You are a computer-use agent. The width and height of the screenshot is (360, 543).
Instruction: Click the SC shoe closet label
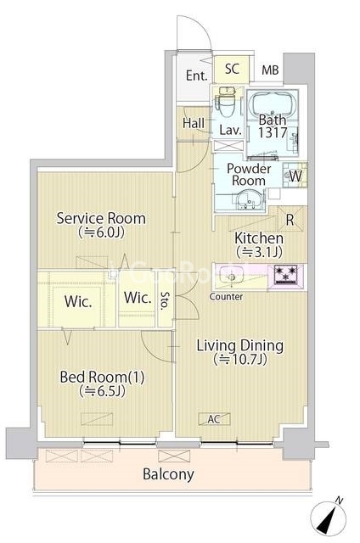[x=232, y=69]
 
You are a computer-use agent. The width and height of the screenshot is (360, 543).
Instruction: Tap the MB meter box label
[x=270, y=70]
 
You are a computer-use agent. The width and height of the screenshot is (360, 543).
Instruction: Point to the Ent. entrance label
[x=197, y=76]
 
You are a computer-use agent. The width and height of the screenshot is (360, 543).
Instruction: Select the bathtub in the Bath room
[x=273, y=103]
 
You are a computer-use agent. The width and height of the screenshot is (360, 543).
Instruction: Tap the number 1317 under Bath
[x=273, y=132]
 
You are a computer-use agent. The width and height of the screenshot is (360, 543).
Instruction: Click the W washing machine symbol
[x=295, y=176]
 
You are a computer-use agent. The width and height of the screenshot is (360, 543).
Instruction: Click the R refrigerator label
[x=290, y=220]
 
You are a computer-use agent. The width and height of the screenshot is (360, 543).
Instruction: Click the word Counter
[x=226, y=297]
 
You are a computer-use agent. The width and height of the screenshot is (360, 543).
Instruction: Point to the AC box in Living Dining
[x=214, y=419]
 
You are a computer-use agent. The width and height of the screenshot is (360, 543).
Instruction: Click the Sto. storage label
[x=165, y=299]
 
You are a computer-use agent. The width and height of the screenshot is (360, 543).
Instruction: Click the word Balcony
[x=168, y=474]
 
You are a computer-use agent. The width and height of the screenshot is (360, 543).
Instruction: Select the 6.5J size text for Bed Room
[x=102, y=391]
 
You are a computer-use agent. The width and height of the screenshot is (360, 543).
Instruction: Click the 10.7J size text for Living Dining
[x=240, y=360]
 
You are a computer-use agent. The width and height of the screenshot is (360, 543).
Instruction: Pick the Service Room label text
[x=101, y=219]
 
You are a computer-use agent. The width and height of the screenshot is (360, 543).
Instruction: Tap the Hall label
[x=194, y=123]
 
